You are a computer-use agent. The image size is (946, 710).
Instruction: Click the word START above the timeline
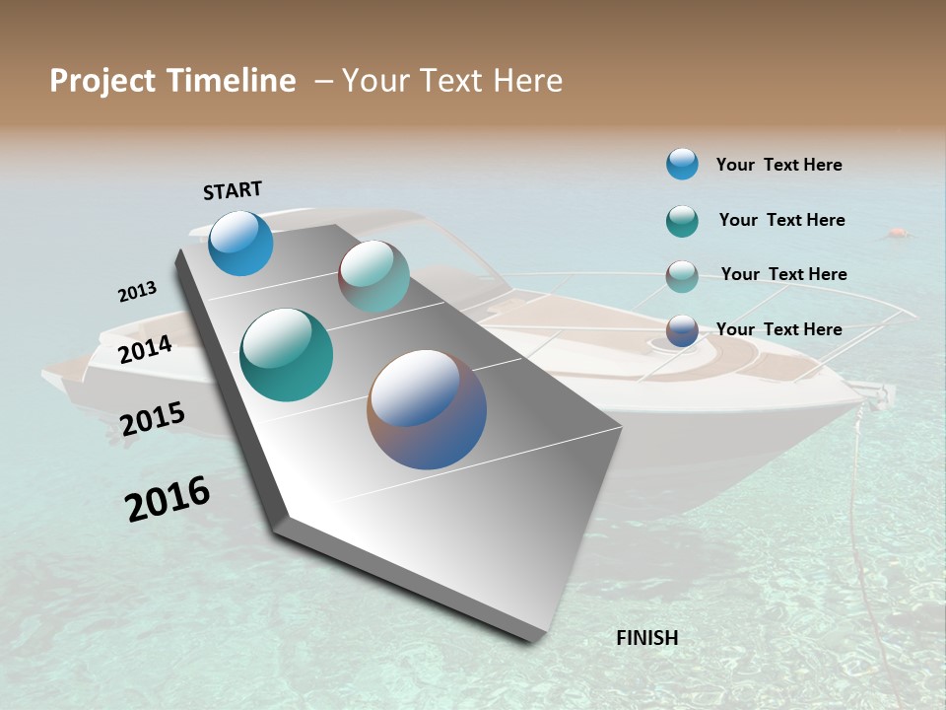pos(233,190)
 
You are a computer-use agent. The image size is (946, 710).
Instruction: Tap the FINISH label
pos(647,638)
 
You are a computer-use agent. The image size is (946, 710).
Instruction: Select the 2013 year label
pos(137,292)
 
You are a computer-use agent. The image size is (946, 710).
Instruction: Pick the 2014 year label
pos(145,349)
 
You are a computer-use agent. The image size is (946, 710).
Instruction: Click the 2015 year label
pos(153,419)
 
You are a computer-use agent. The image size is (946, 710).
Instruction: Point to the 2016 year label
pos(168,499)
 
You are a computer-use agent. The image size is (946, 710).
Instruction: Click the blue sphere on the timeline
pos(240,243)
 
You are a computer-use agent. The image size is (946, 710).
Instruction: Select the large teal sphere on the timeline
pos(286,355)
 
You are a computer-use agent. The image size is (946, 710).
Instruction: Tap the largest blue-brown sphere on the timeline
pos(427,409)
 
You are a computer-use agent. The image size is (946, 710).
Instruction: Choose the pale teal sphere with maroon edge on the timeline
pos(374,276)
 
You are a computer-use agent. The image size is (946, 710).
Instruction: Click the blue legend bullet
pos(682,164)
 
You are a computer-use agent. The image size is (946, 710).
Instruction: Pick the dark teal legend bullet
pos(682,221)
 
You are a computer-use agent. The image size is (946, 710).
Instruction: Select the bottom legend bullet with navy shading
pos(682,330)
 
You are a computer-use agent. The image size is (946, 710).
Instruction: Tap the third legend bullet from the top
pos(682,276)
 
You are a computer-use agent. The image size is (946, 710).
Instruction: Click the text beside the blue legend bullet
pos(778,165)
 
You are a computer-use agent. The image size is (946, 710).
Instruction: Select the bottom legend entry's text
pos(778,329)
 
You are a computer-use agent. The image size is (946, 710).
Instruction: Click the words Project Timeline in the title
pos(172,81)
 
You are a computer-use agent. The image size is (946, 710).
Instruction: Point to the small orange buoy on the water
pos(896,234)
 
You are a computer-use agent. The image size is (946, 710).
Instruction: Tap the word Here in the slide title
pos(528,81)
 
